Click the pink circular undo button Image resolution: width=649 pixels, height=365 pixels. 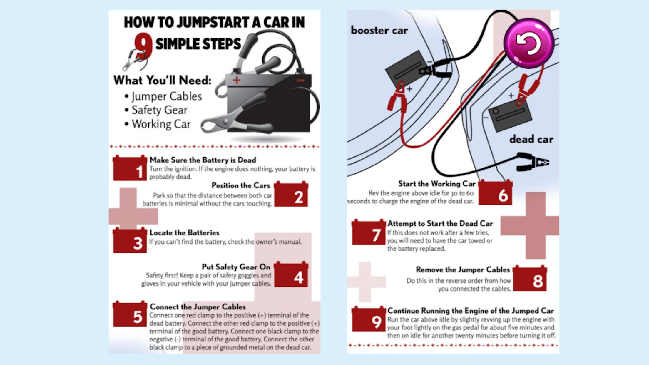(529, 43)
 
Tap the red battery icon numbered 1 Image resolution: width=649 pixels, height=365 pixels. (130, 169)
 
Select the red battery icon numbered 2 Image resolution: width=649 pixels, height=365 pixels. (291, 195)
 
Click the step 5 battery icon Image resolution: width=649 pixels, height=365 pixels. (130, 314)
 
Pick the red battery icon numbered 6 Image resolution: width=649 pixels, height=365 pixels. (495, 193)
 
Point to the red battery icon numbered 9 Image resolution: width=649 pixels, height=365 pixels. (369, 319)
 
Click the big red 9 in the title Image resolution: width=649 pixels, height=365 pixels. (143, 45)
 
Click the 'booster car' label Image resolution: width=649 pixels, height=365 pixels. (379, 30)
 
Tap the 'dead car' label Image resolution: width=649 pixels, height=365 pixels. (531, 139)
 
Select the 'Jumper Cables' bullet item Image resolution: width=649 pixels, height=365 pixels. (166, 96)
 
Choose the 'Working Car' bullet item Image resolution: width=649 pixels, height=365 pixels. (161, 124)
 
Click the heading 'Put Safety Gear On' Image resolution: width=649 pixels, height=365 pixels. (236, 267)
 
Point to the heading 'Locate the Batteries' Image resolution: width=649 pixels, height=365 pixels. (184, 232)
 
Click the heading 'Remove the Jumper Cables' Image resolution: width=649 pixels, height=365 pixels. (463, 269)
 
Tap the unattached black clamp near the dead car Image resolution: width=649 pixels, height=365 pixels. (533, 162)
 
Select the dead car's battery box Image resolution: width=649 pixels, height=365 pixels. (510, 115)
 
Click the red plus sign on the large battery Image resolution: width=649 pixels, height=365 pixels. (237, 80)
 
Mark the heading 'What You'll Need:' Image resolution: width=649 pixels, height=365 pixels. (162, 80)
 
